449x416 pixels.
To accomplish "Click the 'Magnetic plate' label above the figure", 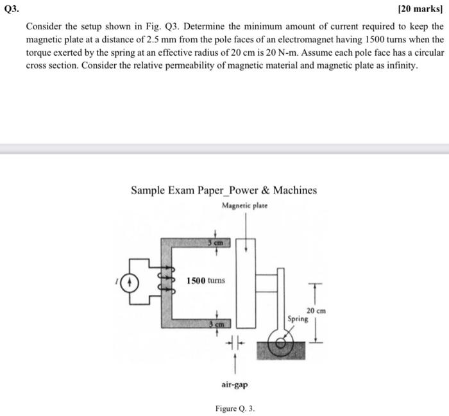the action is click(245, 206).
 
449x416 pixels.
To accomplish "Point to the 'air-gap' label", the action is click(235, 385).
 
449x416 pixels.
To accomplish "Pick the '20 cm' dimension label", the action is click(316, 310).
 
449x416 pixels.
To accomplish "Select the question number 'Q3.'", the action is click(12, 10).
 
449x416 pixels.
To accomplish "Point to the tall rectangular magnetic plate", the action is click(245, 282).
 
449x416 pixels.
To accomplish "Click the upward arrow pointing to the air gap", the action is click(235, 362).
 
